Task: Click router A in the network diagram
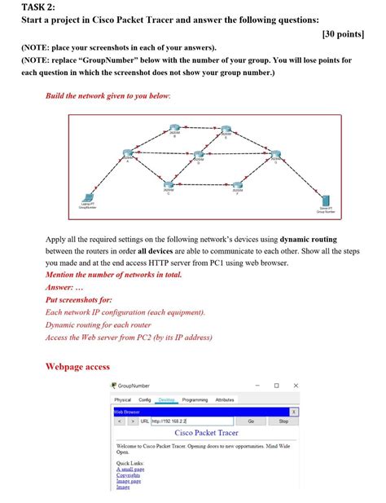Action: pyautogui.click(x=128, y=156)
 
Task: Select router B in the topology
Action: pyautogui.click(x=173, y=129)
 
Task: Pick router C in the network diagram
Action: pyautogui.click(x=169, y=184)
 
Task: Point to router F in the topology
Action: pyautogui.click(x=237, y=185)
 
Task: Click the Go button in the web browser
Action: pyautogui.click(x=251, y=421)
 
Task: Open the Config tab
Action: pyautogui.click(x=145, y=400)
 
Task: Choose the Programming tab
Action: pyautogui.click(x=195, y=400)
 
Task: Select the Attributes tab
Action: pyautogui.click(x=225, y=400)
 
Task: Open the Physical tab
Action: pyautogui.click(x=123, y=400)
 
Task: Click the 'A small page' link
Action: pyautogui.click(x=130, y=470)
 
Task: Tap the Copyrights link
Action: pyautogui.click(x=129, y=475)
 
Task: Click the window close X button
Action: pyautogui.click(x=296, y=386)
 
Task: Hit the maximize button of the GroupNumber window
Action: pyautogui.click(x=276, y=386)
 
